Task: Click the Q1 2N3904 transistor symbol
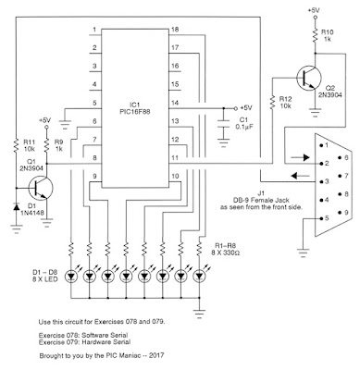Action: (x=41, y=188)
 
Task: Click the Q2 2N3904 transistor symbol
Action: (x=309, y=78)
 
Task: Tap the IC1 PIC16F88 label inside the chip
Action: (x=135, y=109)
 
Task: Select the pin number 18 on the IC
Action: (x=175, y=30)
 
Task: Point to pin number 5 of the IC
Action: (x=94, y=103)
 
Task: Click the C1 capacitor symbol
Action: (x=223, y=126)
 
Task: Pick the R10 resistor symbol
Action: (x=315, y=35)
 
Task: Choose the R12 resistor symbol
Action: (x=273, y=103)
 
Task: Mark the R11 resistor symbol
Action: (x=16, y=145)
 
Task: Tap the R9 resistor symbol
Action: (x=46, y=145)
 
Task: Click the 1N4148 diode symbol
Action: (x=16, y=207)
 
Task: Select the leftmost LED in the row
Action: (x=71, y=277)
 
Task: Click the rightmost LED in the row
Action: (x=199, y=277)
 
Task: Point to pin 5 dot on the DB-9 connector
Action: (x=321, y=218)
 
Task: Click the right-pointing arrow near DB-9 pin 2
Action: (x=300, y=157)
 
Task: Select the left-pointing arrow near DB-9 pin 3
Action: (x=301, y=176)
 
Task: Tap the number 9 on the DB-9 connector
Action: (x=346, y=213)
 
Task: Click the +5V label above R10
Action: (x=314, y=10)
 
